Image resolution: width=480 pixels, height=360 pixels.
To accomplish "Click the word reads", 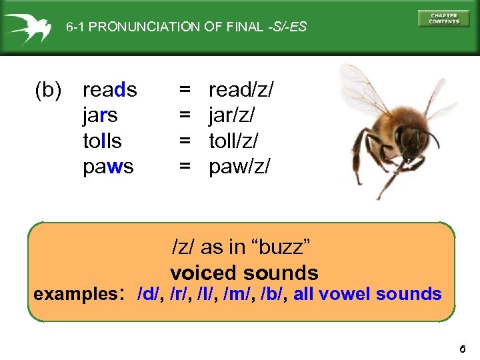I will pos(109,89).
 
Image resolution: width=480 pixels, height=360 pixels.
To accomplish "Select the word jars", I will pos(100,115).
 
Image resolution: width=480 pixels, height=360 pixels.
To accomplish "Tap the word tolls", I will pos(102,141).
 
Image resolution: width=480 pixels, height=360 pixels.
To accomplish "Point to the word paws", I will pos(108,167).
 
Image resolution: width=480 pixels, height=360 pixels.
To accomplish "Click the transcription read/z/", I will pos(241,89).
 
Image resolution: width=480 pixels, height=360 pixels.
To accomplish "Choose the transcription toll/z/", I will pos(234,141).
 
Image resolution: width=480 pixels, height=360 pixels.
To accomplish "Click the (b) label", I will pos(48,89).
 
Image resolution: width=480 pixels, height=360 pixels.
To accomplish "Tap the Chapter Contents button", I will pos(443,19).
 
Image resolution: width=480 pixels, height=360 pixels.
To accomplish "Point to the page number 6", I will pos(463,348).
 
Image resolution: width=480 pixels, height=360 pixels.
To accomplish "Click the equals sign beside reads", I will pos(184,89).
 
